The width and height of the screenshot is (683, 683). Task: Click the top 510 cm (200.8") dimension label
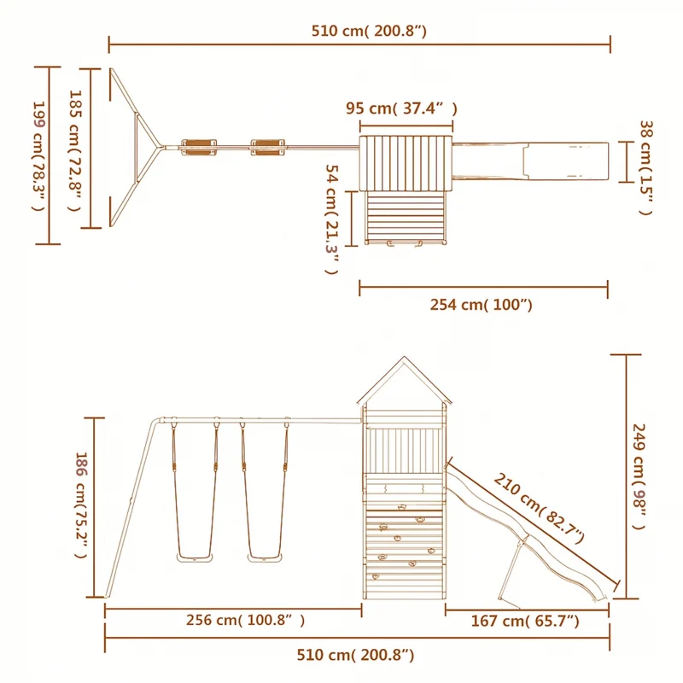pyautogui.click(x=369, y=31)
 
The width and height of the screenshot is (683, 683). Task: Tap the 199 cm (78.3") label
pyautogui.click(x=39, y=156)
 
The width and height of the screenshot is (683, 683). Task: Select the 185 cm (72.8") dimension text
pyautogui.click(x=75, y=151)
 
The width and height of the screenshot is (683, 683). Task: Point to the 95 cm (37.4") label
pyautogui.click(x=401, y=108)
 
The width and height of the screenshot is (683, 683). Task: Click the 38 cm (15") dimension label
pyautogui.click(x=646, y=167)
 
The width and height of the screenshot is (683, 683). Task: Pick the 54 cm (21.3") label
pyautogui.click(x=332, y=219)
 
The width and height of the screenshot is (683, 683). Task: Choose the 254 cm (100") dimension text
pyautogui.click(x=482, y=305)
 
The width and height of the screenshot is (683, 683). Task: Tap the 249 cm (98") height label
pyautogui.click(x=639, y=476)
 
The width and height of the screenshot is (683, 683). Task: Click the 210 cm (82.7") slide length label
pyautogui.click(x=539, y=508)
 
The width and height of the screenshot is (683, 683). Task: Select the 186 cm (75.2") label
pyautogui.click(x=82, y=505)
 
